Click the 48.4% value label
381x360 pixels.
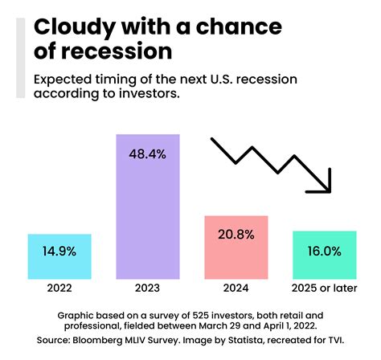click(x=148, y=153)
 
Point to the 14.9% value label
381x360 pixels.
click(x=59, y=252)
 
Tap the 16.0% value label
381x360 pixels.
click(x=324, y=250)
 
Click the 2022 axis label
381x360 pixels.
click(x=59, y=288)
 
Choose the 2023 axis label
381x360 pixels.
click(x=148, y=288)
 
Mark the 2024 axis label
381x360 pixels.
click(x=236, y=288)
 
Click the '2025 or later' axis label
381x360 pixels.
click(x=324, y=288)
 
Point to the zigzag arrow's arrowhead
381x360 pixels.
click(x=323, y=185)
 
